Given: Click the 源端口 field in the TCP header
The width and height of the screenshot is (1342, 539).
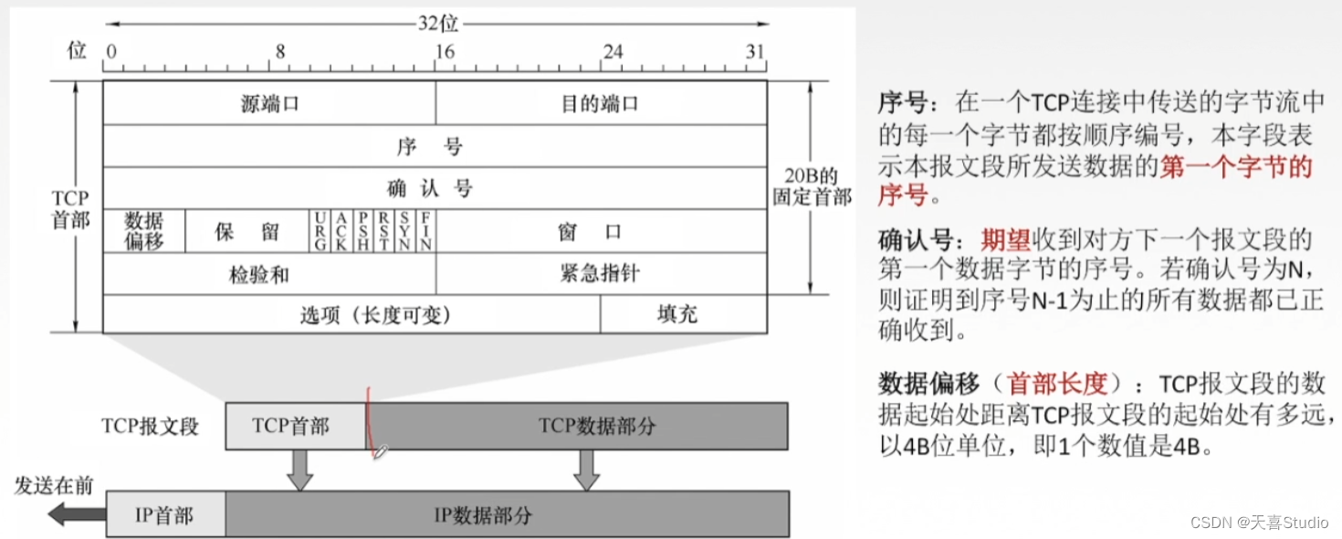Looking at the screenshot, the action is point(269,103).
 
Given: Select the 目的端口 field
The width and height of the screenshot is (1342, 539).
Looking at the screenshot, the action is point(600,103).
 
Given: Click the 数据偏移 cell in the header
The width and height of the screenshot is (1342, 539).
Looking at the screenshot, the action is point(144,231).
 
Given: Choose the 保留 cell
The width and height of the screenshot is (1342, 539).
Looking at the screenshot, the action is point(247,231).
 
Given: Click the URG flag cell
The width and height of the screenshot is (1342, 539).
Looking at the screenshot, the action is point(320,231).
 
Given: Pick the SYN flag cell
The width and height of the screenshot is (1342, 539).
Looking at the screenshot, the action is point(404,231).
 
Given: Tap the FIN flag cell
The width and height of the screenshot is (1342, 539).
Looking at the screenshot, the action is point(425,231).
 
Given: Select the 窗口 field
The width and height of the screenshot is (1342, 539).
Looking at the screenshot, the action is point(600,231).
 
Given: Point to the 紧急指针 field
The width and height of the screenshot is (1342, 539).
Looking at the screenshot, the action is point(600,274).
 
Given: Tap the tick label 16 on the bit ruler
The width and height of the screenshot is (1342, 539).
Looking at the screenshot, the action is point(444,52).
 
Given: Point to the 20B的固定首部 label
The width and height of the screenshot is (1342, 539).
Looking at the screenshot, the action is point(812,186).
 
